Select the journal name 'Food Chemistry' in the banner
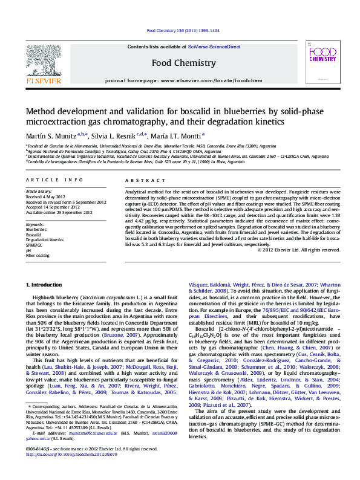pos(183,63)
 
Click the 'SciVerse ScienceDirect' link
pos(214,47)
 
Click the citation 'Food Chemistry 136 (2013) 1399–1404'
pos(183,31)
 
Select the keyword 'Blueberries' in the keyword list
pos(36,230)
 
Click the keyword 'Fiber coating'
pos(38,256)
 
